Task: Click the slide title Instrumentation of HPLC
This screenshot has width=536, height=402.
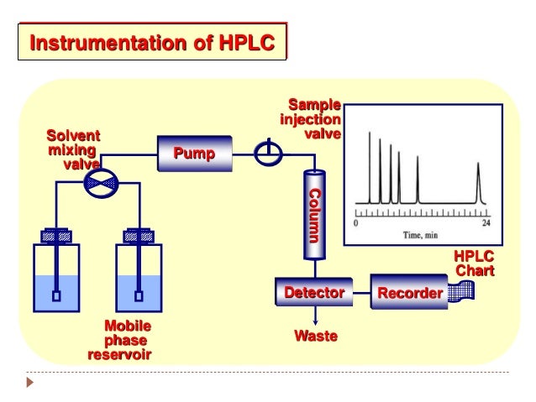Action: pyautogui.click(x=152, y=42)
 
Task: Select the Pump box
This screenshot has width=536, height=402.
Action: pyautogui.click(x=194, y=154)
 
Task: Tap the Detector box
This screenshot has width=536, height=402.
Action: pyautogui.click(x=315, y=293)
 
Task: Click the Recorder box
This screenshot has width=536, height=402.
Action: pyautogui.click(x=409, y=293)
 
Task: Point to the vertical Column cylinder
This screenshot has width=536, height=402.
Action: pyautogui.click(x=315, y=215)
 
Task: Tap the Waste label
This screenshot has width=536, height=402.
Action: pyautogui.click(x=315, y=337)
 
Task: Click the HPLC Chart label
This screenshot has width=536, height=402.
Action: pyautogui.click(x=474, y=264)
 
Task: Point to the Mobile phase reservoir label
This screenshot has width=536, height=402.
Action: pyautogui.click(x=119, y=340)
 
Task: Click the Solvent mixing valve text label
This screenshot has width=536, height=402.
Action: pyautogui.click(x=73, y=149)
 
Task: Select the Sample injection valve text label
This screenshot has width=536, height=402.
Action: pyautogui.click(x=311, y=119)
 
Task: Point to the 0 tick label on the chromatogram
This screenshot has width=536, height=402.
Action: pyautogui.click(x=356, y=224)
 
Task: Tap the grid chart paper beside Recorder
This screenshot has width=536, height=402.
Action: pyautogui.click(x=460, y=292)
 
